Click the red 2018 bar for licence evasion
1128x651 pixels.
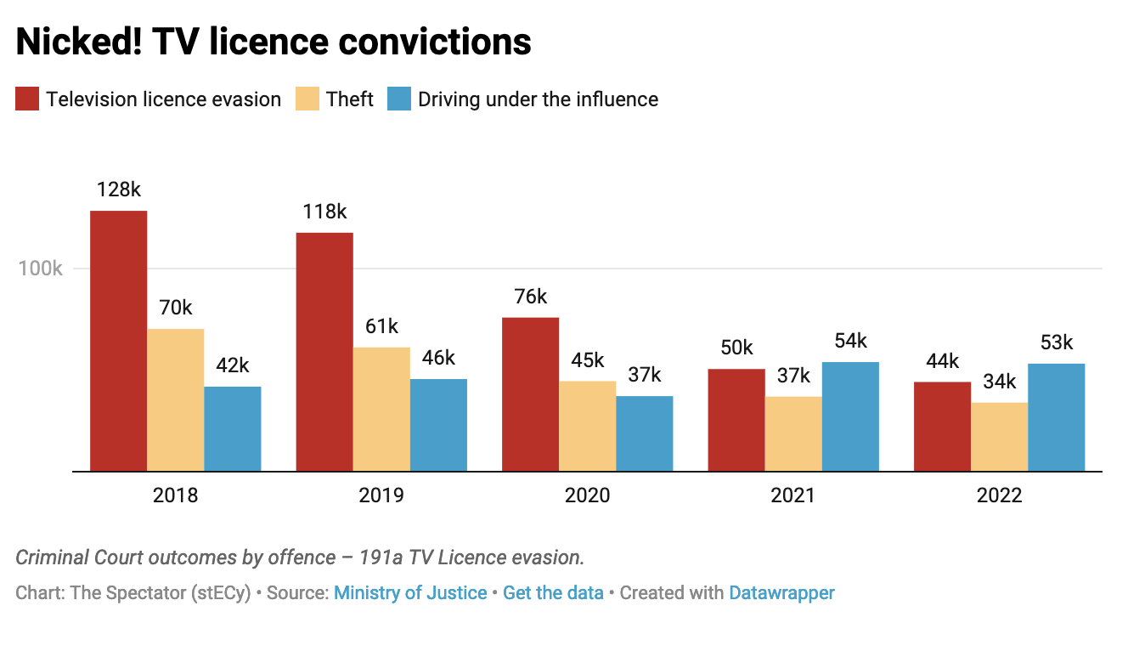119,340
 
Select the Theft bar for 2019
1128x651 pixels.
381,409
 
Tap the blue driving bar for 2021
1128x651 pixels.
850,416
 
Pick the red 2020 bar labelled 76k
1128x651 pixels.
531,393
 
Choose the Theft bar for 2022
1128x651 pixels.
999,436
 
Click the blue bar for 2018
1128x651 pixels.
232,428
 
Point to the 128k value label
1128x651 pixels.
118,190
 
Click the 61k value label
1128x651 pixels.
381,326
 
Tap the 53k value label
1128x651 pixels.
1056,342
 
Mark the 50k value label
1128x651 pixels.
736,348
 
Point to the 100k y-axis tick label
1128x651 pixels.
41,269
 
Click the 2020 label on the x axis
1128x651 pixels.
588,495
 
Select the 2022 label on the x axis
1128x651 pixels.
1000,495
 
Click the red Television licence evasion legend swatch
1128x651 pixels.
28,99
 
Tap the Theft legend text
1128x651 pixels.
350,99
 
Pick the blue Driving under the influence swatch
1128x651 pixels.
399,99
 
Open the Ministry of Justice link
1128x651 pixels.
410,593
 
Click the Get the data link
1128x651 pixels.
553,593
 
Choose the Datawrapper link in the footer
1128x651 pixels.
781,593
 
